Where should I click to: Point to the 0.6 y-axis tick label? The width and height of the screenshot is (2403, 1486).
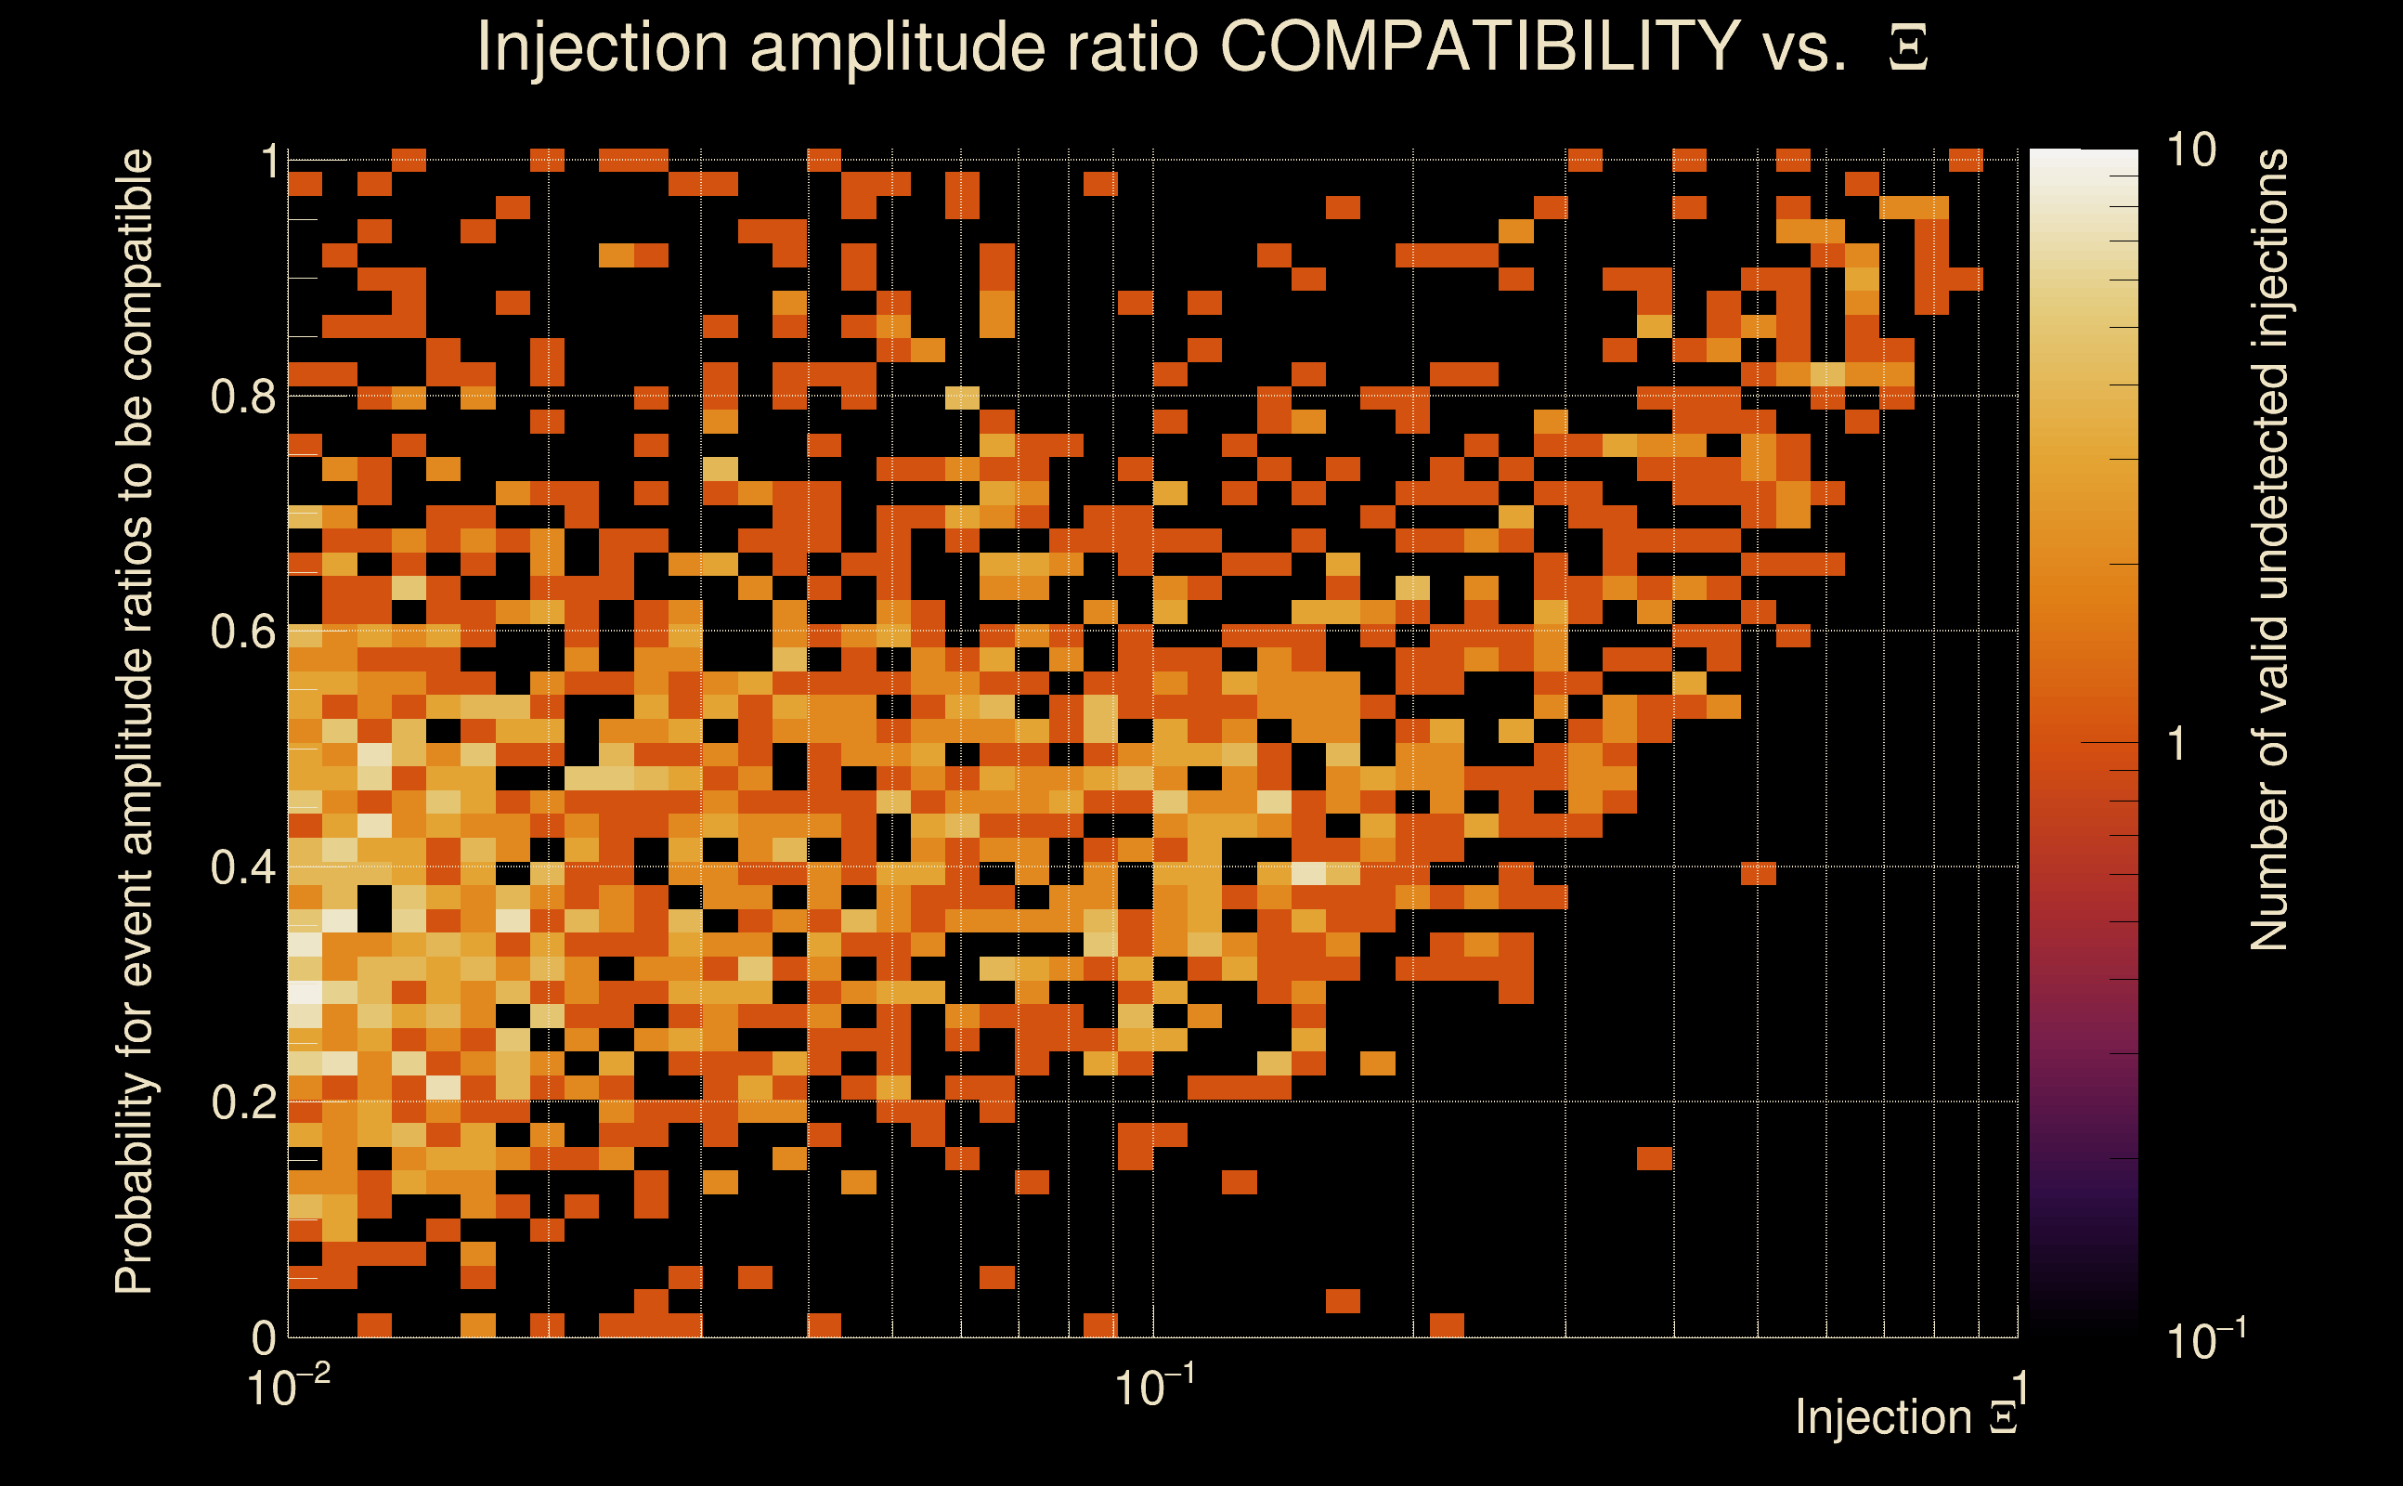click(243, 631)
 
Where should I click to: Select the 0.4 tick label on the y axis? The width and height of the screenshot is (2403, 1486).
click(243, 867)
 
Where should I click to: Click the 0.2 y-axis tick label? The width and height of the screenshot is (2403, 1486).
click(243, 1101)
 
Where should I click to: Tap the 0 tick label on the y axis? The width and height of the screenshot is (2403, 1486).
click(265, 1337)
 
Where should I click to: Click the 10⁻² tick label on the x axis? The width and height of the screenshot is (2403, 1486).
click(288, 1387)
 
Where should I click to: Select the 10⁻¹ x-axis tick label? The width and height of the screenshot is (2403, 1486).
click(1154, 1387)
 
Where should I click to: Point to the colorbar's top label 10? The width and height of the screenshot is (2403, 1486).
click(2190, 150)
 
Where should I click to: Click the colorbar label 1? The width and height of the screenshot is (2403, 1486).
click(2177, 744)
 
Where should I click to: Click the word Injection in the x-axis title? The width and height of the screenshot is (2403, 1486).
click(1883, 1417)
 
